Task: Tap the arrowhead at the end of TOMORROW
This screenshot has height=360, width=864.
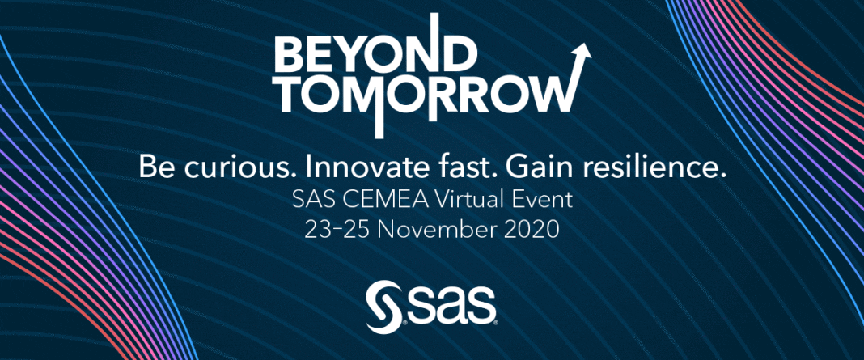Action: point(582,53)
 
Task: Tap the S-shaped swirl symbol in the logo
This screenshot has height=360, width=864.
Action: point(383,307)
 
